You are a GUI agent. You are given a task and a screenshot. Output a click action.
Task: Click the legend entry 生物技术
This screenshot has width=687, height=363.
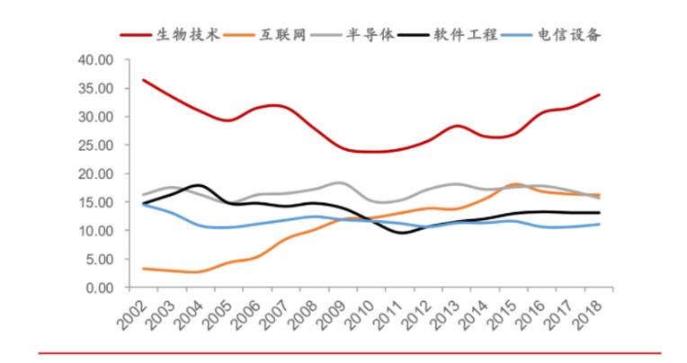[x=187, y=36]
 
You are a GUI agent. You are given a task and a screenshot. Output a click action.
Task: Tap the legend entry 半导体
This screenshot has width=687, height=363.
[x=371, y=36]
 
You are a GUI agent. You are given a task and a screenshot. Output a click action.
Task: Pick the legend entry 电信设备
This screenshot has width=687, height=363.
[x=570, y=36]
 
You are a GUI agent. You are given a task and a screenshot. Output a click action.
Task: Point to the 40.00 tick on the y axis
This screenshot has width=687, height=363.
[x=94, y=60]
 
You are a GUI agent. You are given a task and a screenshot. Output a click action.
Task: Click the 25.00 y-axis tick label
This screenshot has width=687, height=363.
[x=94, y=146]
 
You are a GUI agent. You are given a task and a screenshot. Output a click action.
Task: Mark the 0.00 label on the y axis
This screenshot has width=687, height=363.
[x=98, y=288]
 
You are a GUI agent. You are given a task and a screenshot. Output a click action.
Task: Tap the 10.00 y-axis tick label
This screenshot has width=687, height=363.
[x=94, y=231]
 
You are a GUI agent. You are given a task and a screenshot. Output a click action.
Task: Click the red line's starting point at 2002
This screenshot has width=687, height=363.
[x=143, y=80]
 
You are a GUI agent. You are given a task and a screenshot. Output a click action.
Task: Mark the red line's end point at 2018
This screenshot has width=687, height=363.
[x=599, y=95]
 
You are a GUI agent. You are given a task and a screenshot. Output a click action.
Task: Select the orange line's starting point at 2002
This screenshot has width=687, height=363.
[x=143, y=269]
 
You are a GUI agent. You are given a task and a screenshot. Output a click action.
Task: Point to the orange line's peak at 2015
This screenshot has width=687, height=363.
[x=513, y=184]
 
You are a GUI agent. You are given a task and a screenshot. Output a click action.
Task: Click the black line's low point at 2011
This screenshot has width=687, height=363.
[x=399, y=233]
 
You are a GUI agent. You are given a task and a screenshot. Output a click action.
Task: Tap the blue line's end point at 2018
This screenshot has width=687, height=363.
[x=599, y=225]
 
